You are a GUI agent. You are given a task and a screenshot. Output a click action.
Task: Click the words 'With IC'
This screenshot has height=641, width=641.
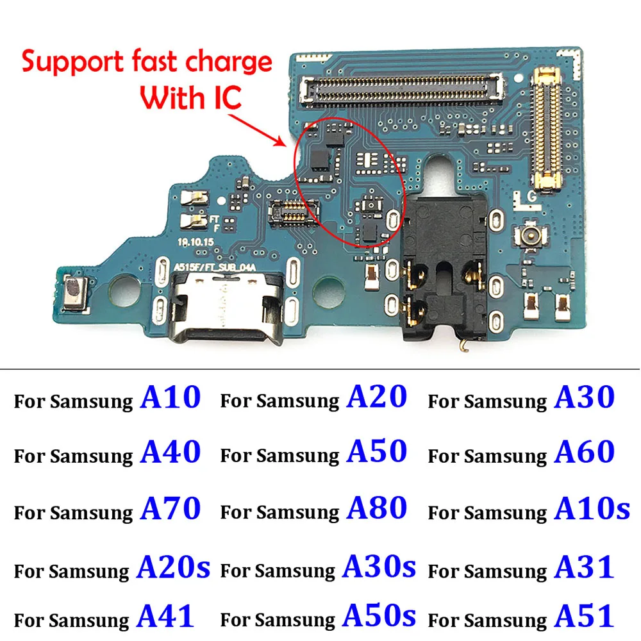tap(190, 97)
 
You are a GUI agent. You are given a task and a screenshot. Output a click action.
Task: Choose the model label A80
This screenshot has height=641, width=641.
tap(377, 509)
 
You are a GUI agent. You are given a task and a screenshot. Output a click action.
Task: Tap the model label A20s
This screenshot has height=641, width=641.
tap(173, 567)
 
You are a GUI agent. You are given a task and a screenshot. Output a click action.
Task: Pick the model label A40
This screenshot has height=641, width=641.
tap(170, 453)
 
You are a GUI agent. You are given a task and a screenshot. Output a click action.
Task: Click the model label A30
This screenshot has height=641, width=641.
tap(584, 397)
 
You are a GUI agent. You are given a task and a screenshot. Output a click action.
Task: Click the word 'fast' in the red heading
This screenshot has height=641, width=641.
tap(152, 63)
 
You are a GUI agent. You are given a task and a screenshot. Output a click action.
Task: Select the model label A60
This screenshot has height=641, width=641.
tap(584, 453)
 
